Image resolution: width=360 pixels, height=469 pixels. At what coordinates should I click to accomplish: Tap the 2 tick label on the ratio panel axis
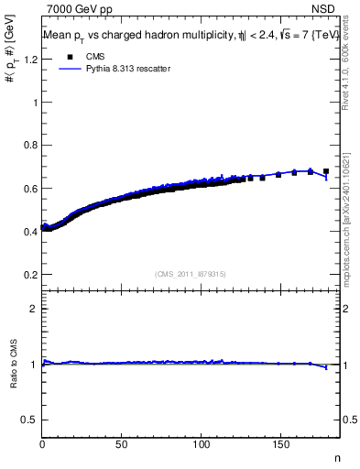click(x=34, y=309)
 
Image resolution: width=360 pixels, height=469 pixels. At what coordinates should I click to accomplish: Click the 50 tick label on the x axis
click(x=122, y=445)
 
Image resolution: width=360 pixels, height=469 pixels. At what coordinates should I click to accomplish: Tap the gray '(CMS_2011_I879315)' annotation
click(x=191, y=273)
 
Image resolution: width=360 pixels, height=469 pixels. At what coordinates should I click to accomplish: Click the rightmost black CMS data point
click(x=326, y=171)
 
